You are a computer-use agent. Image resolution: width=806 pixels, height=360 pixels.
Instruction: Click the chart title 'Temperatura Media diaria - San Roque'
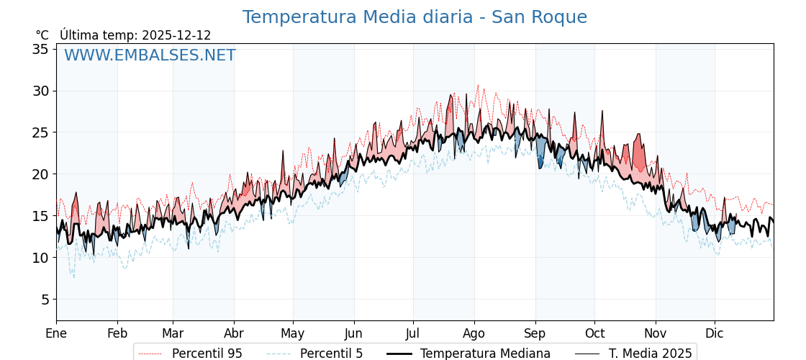[x=415, y=17]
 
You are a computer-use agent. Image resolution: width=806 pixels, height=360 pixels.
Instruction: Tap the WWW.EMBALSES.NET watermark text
[x=150, y=55]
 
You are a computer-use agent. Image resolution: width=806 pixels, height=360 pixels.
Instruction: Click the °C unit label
[x=42, y=35]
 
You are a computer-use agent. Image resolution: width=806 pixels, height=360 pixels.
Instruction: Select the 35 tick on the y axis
[x=40, y=49]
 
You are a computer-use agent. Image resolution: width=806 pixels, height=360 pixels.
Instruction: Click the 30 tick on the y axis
[x=40, y=91]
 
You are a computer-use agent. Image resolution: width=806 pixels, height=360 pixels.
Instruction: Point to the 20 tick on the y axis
[x=40, y=174]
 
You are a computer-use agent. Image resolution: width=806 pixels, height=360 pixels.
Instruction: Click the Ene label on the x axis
[x=56, y=333]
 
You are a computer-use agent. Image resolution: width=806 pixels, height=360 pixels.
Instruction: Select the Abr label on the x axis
[x=234, y=333]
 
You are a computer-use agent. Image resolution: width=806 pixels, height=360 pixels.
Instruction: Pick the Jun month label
[x=353, y=333]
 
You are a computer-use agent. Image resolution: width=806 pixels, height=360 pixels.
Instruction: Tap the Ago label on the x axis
[x=474, y=333]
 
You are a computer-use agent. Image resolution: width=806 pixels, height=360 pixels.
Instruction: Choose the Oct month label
[x=594, y=333]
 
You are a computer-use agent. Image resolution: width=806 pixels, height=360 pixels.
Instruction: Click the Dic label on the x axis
[x=715, y=333]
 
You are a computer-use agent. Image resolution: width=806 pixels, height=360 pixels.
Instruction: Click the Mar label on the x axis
[x=173, y=333]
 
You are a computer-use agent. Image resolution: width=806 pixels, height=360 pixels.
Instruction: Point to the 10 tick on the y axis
[x=40, y=258]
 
